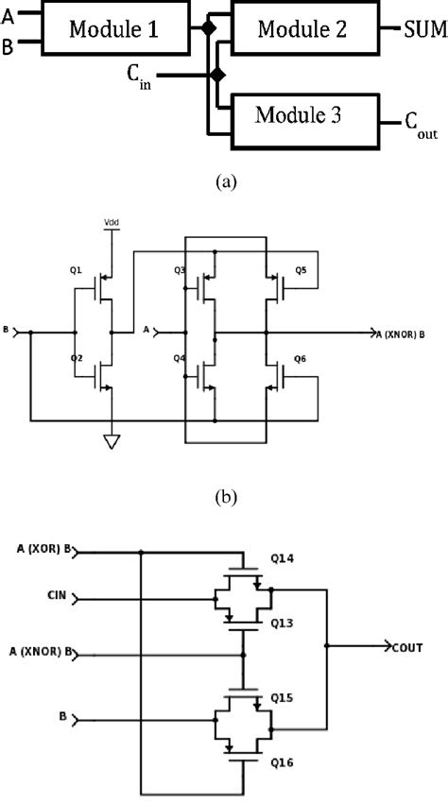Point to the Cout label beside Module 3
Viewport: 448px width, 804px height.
tap(421, 124)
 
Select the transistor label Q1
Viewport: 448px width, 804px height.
tap(76, 269)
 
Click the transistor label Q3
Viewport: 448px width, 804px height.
tap(180, 271)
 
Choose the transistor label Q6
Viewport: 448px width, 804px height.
tap(301, 359)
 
